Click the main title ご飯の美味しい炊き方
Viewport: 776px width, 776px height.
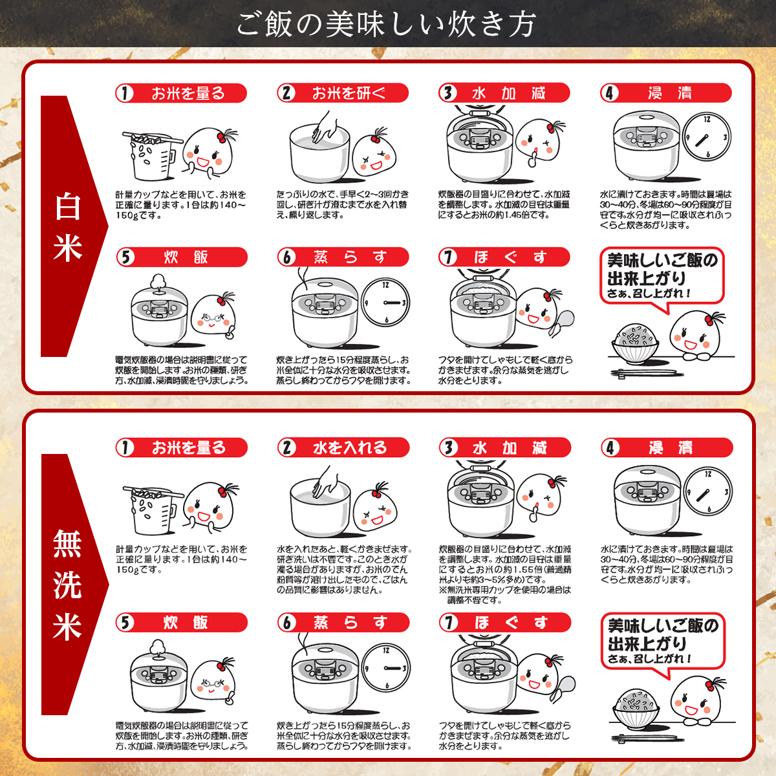click(387, 25)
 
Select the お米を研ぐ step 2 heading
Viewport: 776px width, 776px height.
click(343, 93)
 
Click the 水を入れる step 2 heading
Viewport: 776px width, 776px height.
click(344, 447)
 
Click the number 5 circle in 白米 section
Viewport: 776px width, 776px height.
click(125, 257)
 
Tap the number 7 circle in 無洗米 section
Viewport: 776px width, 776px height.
click(449, 623)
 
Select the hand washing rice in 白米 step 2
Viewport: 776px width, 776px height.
click(325, 127)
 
